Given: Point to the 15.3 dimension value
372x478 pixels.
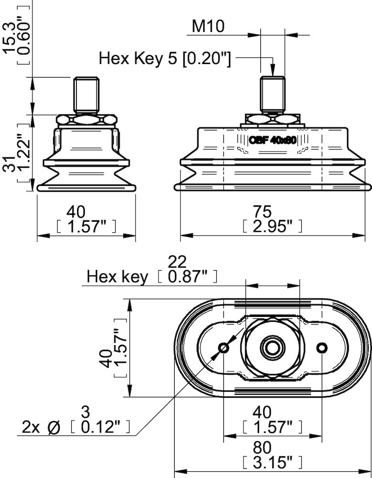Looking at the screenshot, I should pyautogui.click(x=10, y=33).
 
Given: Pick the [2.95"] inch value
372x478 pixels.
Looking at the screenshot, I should pyautogui.click(x=272, y=226).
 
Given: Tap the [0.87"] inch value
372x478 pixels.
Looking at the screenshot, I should pyautogui.click(x=187, y=276).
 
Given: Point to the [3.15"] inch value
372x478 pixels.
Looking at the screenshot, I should pyautogui.click(x=272, y=462).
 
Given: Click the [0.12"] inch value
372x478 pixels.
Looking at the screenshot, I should pyautogui.click(x=99, y=426).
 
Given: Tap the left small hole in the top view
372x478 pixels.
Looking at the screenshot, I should pyautogui.click(x=223, y=348).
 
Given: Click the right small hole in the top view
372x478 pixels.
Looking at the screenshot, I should pyautogui.click(x=322, y=347).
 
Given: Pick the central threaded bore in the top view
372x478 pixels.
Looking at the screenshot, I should pyautogui.click(x=272, y=347).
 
